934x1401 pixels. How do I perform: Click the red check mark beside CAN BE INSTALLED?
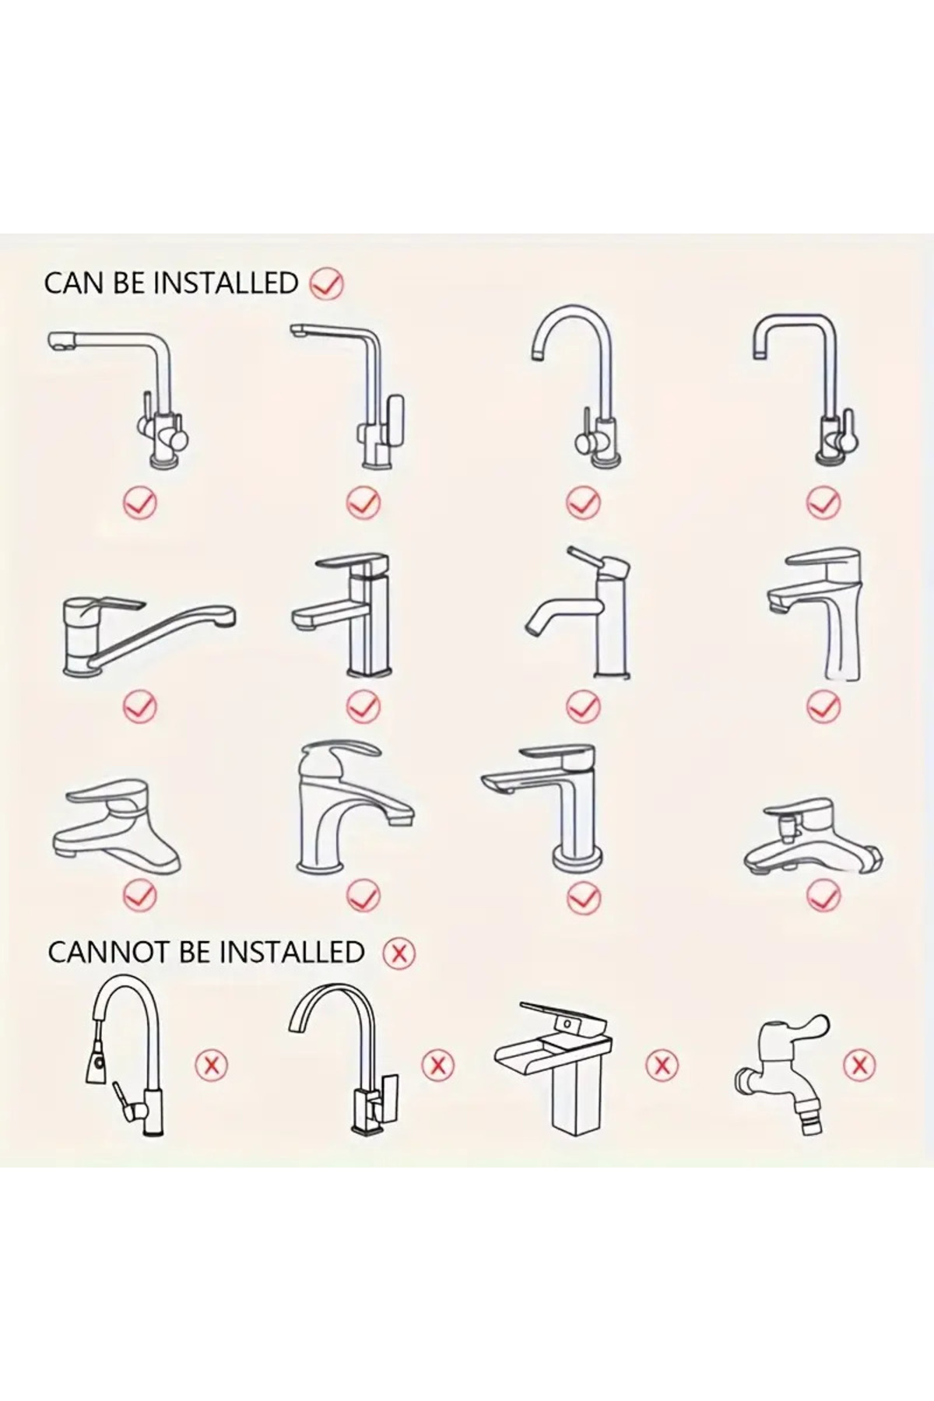click(x=327, y=283)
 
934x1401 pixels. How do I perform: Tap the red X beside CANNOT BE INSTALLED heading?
click(x=399, y=953)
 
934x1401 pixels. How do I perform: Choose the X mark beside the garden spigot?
click(x=859, y=1064)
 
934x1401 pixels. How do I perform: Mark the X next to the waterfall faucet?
click(x=662, y=1064)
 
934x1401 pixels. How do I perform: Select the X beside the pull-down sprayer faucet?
click(x=210, y=1064)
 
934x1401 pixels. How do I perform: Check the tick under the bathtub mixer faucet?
click(x=823, y=895)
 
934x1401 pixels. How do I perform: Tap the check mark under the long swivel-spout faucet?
click(x=140, y=707)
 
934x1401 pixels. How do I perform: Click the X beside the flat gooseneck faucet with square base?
click(x=437, y=1064)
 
